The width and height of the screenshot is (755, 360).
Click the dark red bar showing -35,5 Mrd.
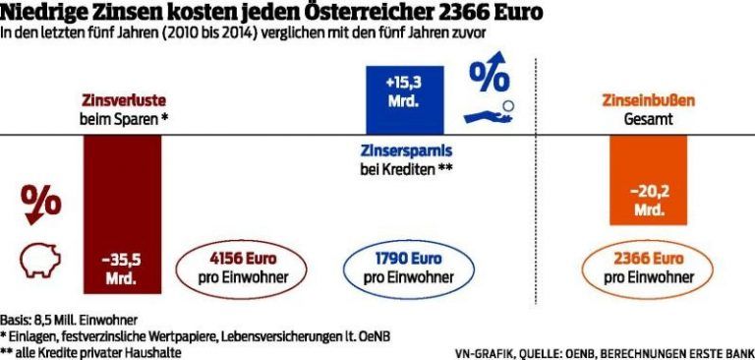[122, 214]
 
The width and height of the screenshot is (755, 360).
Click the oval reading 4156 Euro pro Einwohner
[234, 268]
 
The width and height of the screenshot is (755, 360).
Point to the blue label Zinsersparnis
[398, 150]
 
